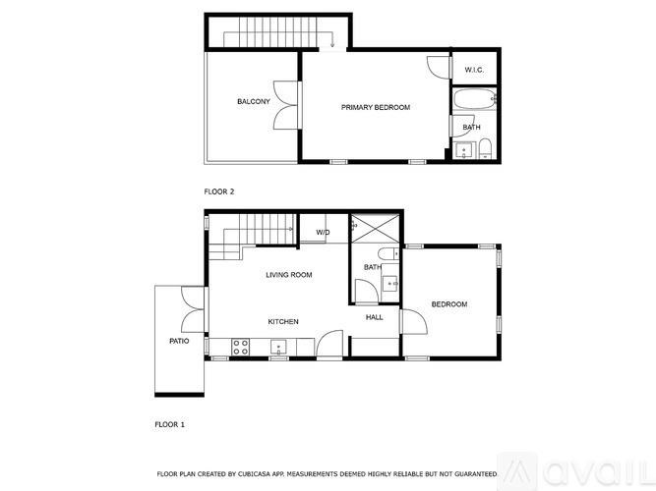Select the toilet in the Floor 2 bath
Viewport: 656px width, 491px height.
[x=485, y=149]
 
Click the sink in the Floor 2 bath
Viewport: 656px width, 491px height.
[x=464, y=150]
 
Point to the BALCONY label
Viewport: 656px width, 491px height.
[x=253, y=102]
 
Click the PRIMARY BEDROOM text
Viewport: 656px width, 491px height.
[x=375, y=107]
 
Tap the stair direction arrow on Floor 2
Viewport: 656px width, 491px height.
[x=333, y=40]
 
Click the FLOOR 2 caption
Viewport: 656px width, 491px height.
[x=218, y=191]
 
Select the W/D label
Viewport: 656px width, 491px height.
[x=323, y=233]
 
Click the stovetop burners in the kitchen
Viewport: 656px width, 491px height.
[x=239, y=345]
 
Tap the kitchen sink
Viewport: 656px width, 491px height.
[x=278, y=346]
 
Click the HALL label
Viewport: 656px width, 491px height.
[x=375, y=317]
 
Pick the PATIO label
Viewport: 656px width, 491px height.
[x=178, y=341]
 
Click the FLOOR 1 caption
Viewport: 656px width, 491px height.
[x=169, y=425]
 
